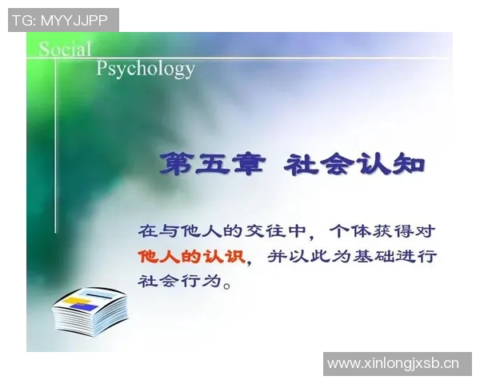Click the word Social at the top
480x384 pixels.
(65, 49)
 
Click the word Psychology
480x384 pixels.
(145, 68)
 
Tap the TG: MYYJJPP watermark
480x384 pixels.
(62, 20)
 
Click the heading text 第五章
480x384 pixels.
(210, 165)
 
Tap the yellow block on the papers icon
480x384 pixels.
(76, 301)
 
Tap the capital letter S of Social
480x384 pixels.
(46, 49)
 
